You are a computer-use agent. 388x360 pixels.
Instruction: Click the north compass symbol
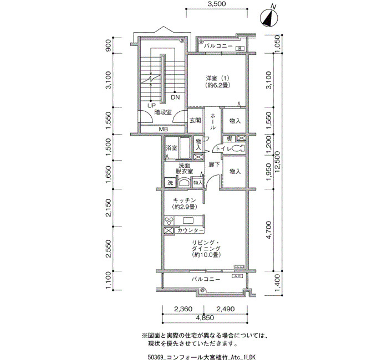(269, 17)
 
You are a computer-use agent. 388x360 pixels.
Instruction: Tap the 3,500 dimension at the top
(217, 4)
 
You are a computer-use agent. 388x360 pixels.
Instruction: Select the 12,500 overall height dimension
(278, 162)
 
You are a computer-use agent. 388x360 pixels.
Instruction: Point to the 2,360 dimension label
(183, 309)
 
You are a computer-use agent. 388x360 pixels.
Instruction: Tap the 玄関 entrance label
(195, 121)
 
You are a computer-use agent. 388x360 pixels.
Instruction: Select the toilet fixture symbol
(238, 148)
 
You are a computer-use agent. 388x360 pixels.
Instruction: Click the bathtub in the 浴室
(184, 148)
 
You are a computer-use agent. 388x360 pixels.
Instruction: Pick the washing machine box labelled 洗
(170, 183)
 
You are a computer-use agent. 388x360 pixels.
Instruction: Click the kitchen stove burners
(169, 220)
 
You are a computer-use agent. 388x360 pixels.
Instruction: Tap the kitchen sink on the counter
(188, 220)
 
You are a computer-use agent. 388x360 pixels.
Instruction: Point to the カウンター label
(190, 230)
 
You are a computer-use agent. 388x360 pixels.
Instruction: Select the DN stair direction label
(176, 97)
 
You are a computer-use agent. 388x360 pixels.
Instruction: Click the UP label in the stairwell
(151, 106)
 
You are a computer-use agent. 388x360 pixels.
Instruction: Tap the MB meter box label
(164, 129)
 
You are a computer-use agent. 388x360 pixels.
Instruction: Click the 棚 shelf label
(229, 138)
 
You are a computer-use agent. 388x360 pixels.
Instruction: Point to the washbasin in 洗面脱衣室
(184, 183)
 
